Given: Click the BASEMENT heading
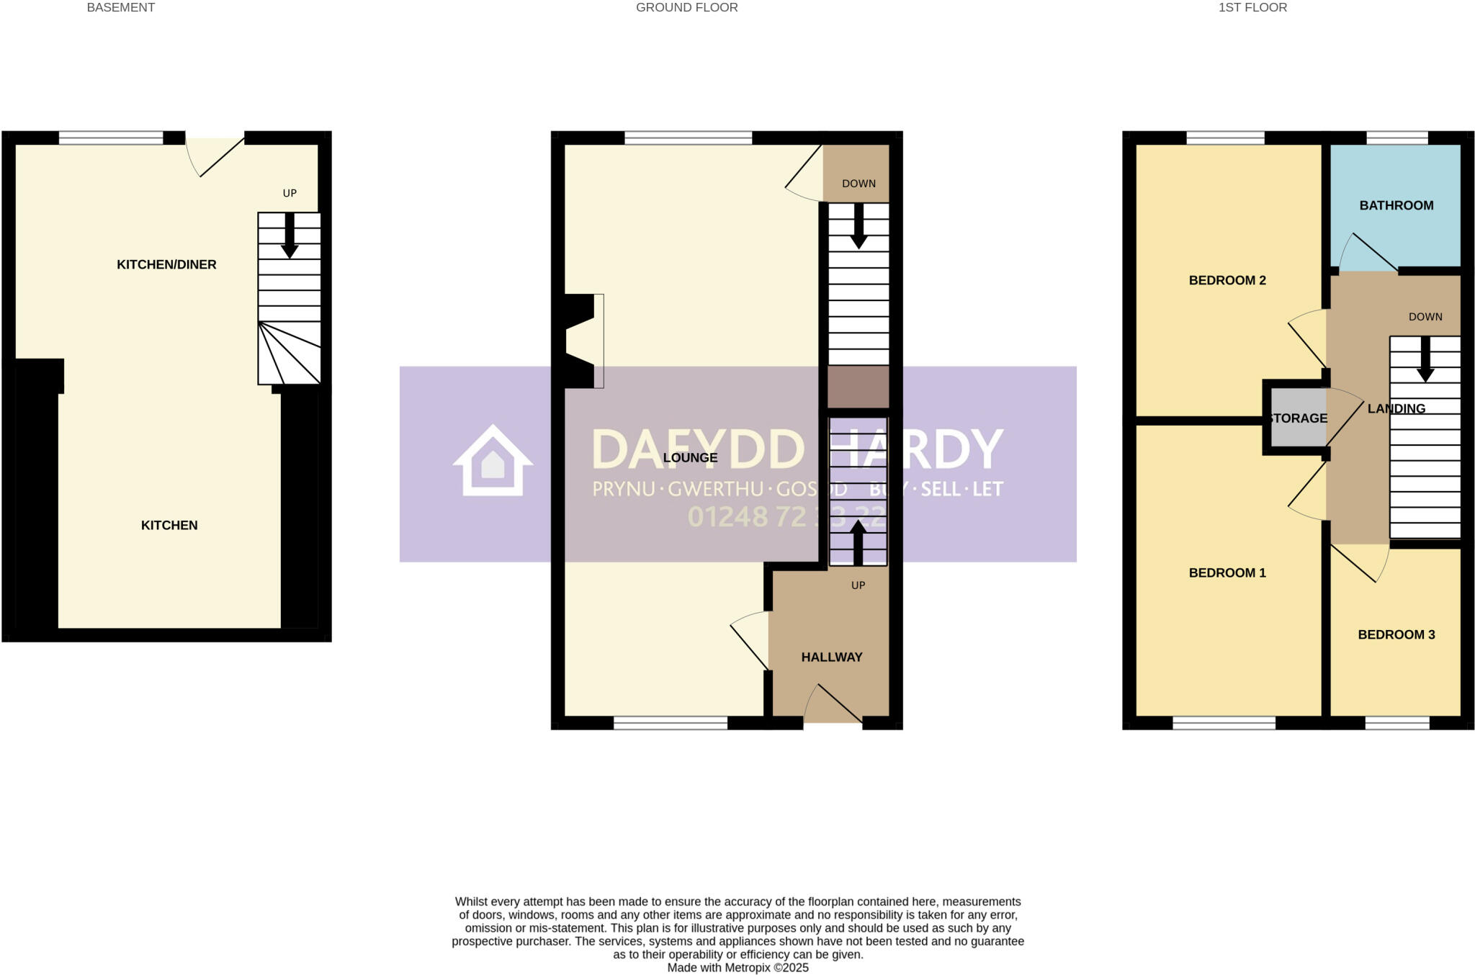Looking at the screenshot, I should point(120,8).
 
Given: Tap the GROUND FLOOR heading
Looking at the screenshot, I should point(686,8).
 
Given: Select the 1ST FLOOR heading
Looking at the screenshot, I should point(1252,8).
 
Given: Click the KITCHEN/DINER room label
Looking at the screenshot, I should point(166,264).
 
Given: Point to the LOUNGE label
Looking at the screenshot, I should point(690,457).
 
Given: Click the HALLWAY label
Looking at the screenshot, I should point(831,657).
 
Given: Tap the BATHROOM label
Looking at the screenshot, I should point(1396,205).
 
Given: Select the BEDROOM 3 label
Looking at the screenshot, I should point(1396,634).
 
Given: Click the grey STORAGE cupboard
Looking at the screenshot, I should point(1296,418).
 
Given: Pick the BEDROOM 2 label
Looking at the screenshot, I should point(1227,280).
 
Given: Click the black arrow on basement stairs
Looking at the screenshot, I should point(290,235).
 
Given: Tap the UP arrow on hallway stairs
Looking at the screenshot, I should point(858,542).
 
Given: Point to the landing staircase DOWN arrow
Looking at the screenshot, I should point(1425,360).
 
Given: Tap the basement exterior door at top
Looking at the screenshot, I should point(215,155).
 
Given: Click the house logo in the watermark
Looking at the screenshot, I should point(493,461).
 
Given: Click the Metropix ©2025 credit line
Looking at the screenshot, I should point(737,968).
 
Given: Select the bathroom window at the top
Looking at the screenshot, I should point(1396,138).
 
